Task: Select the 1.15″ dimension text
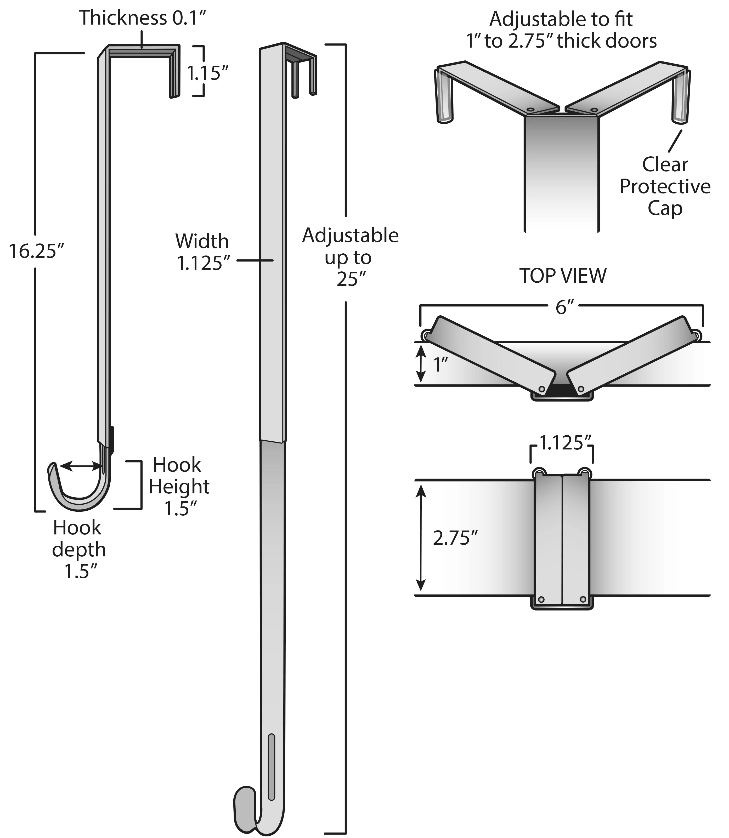coord(207,73)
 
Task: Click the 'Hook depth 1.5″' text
coord(78,550)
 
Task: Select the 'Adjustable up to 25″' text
coord(350,257)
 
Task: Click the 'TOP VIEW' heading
coord(563,276)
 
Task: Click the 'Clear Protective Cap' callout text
coord(665,186)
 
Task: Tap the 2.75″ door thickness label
coord(454,539)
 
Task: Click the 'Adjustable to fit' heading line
coord(561,19)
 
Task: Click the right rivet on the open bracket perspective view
coord(594,110)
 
